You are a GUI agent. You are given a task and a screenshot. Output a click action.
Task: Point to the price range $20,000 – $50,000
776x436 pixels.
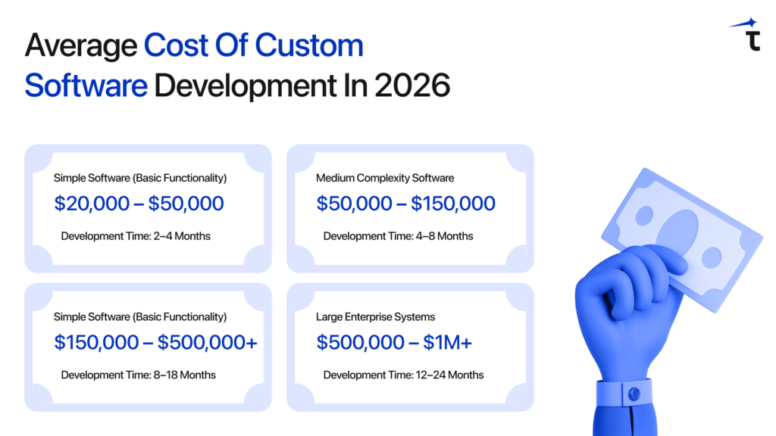click(139, 204)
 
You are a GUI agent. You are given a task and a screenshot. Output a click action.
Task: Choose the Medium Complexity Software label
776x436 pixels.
click(385, 178)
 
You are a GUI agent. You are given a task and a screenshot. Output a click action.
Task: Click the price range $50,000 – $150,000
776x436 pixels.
click(406, 204)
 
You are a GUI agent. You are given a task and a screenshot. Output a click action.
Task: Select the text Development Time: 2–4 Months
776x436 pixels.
click(136, 236)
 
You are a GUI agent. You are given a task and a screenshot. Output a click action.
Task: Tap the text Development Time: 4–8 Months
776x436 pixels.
click(398, 236)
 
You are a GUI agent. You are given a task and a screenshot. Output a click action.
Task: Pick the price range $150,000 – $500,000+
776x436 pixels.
click(155, 342)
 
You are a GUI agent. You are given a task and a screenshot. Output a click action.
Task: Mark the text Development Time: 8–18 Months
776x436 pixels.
click(138, 375)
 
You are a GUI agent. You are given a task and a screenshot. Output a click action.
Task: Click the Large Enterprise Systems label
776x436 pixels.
click(375, 317)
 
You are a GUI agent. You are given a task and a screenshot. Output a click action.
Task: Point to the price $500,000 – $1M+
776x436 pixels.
click(394, 342)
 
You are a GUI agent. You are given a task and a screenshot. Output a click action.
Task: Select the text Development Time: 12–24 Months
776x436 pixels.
click(403, 375)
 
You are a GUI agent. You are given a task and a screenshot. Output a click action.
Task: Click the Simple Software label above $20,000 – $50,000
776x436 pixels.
click(140, 178)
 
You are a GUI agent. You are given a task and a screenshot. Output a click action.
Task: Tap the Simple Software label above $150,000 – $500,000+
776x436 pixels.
click(140, 317)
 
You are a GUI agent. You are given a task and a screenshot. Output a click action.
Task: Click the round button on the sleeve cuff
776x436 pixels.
click(634, 394)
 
